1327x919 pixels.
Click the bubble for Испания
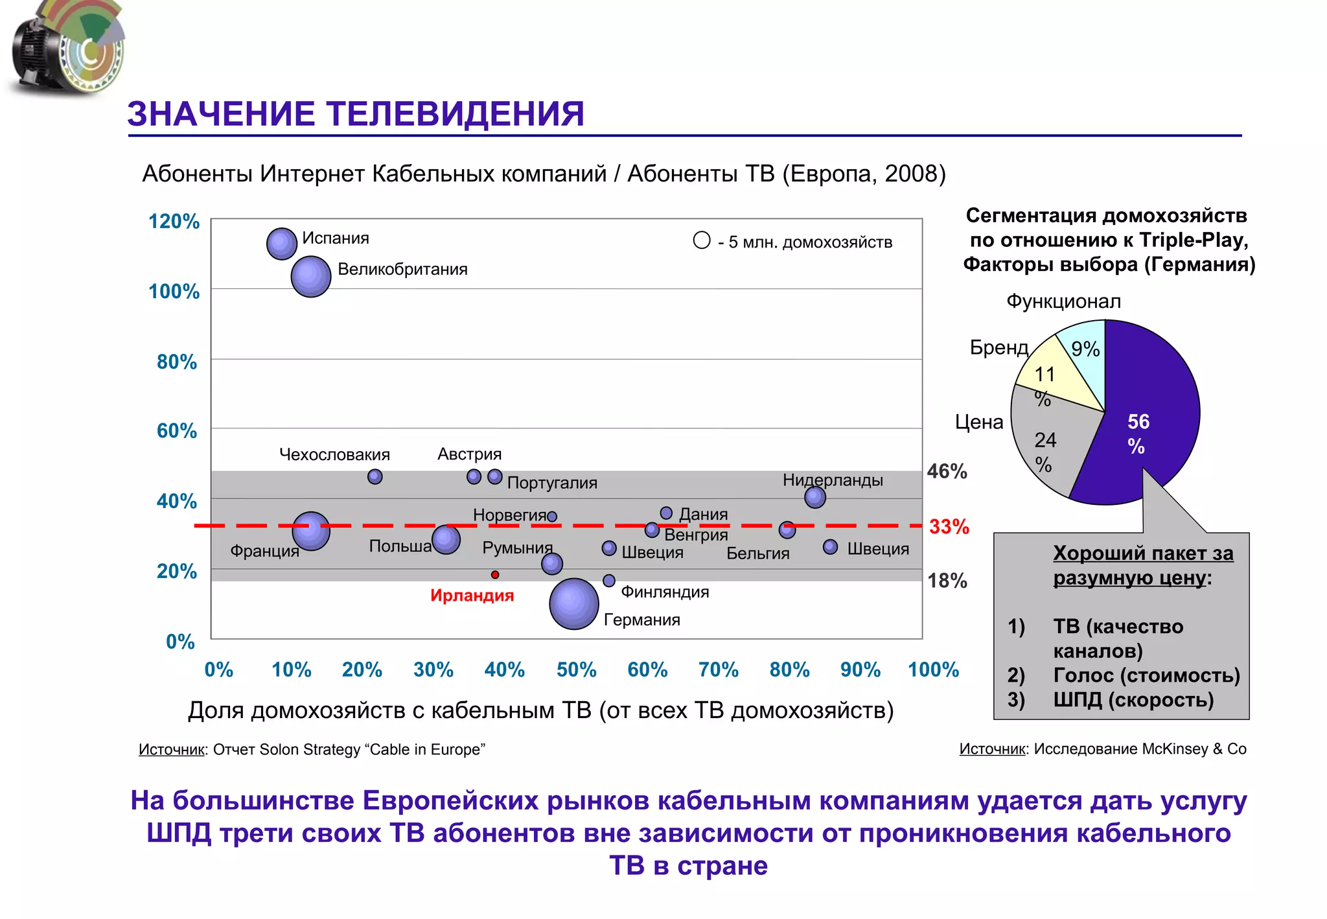click(x=282, y=244)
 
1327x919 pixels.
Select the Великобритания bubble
click(x=311, y=277)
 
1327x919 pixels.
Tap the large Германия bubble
click(x=573, y=603)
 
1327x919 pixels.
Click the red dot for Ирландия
click(x=495, y=574)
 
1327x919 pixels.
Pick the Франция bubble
click(x=311, y=531)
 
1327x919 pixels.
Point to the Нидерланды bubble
click(x=814, y=497)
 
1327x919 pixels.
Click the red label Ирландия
click(x=472, y=595)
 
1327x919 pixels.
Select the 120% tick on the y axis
click(x=174, y=221)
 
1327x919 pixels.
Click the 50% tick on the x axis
click(x=576, y=669)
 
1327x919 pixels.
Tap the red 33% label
click(x=949, y=526)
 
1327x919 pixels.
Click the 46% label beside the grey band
click(x=947, y=471)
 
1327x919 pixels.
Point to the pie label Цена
click(x=978, y=422)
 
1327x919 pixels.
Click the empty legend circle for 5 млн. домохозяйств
click(x=702, y=240)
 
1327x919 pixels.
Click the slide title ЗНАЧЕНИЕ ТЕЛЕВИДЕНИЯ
click(x=356, y=114)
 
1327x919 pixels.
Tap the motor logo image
click(x=68, y=49)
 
